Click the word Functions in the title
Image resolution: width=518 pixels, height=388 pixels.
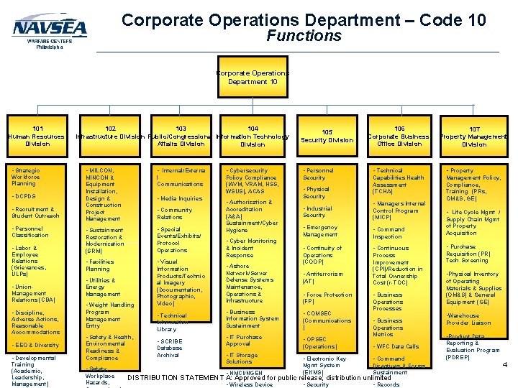304,35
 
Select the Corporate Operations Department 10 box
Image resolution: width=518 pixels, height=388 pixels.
253,78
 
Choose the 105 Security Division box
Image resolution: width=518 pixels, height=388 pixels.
327,137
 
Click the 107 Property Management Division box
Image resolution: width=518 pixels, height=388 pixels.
474,137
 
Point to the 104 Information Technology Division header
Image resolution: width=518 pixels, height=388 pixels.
253,137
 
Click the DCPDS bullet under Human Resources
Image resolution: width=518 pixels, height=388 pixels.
25,196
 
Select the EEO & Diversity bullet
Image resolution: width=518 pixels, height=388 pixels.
37,345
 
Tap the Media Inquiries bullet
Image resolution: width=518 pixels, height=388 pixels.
180,198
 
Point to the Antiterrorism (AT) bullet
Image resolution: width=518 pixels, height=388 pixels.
323,277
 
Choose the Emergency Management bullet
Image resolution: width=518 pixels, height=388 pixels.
321,231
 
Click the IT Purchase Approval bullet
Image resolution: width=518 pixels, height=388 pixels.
245,340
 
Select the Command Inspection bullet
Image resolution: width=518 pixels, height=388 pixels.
388,233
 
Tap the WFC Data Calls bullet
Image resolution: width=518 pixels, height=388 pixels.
396,346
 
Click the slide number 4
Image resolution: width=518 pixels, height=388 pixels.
504,364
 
